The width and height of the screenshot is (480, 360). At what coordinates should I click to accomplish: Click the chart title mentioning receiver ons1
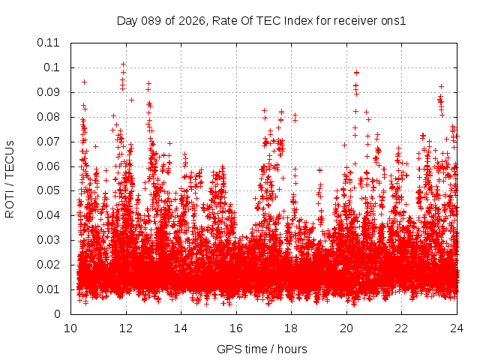tap(261, 20)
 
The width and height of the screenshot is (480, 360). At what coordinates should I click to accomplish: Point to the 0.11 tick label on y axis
tap(49, 43)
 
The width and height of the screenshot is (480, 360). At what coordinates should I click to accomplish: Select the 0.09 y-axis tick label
tap(49, 92)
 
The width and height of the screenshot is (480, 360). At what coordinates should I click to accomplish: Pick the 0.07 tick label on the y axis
tap(49, 141)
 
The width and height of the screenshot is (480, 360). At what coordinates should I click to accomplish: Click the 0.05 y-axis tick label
tap(49, 190)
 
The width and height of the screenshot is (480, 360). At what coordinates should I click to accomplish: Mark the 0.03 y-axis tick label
tap(49, 240)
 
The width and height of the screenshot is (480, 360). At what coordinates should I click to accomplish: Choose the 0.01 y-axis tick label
tap(49, 289)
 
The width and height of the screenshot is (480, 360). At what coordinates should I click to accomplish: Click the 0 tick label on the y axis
tap(57, 314)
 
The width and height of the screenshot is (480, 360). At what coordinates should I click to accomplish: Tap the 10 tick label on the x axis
tap(71, 328)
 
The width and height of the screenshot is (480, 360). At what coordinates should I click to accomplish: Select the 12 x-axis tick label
tap(126, 328)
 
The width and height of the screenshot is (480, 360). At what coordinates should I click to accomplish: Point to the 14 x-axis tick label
tap(181, 328)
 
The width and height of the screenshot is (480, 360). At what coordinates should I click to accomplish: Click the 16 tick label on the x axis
tap(236, 328)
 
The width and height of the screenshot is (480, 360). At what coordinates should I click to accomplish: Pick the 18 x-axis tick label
tap(291, 328)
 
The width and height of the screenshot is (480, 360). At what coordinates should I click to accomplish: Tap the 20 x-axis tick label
tap(346, 328)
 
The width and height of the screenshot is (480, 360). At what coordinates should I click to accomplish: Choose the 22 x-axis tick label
tap(401, 328)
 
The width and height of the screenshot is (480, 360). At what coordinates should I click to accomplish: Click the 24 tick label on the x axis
tap(456, 328)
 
